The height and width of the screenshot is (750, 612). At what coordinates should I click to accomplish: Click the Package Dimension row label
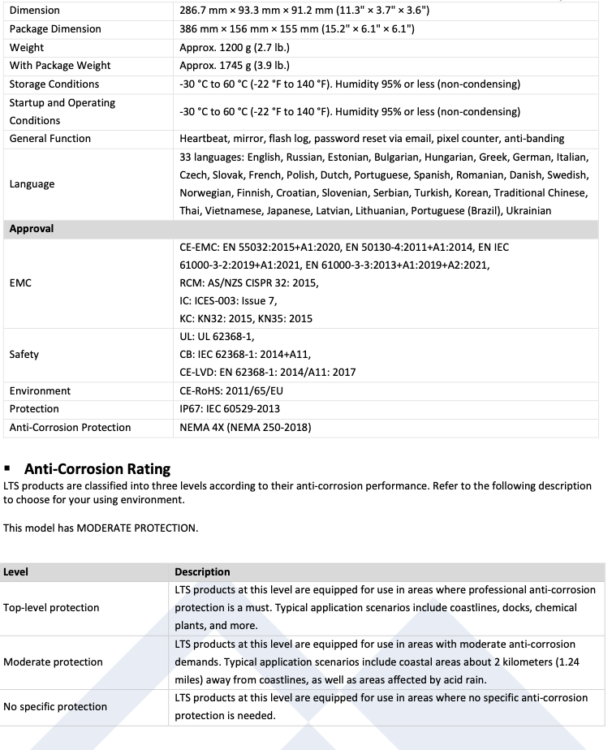tap(55, 29)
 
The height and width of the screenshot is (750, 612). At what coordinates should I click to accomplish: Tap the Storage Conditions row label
tap(54, 84)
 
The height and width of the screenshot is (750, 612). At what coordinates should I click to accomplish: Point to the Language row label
tap(32, 184)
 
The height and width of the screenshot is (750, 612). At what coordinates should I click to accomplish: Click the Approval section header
tap(32, 229)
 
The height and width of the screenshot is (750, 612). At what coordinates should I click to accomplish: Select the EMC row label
tap(20, 283)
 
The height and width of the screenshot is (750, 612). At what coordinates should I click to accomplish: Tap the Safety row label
tap(24, 355)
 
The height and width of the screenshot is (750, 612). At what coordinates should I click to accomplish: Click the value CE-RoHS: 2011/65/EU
tap(231, 391)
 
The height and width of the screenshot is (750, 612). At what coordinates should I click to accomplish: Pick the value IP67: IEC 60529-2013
tap(229, 409)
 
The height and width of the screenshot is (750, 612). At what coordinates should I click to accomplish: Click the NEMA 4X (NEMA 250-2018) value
tap(245, 427)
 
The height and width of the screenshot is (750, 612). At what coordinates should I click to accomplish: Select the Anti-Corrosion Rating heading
tap(97, 468)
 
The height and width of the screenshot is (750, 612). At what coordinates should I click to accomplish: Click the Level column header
tap(16, 572)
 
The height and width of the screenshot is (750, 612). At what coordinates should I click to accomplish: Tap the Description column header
tap(202, 572)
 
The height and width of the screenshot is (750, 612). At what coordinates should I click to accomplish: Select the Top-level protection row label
tap(51, 608)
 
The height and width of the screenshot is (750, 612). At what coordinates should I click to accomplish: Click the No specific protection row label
tap(55, 707)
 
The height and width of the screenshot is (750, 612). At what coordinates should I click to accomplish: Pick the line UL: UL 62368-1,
tap(217, 337)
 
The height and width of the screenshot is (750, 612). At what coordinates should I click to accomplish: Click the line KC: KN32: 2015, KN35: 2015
tap(246, 319)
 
